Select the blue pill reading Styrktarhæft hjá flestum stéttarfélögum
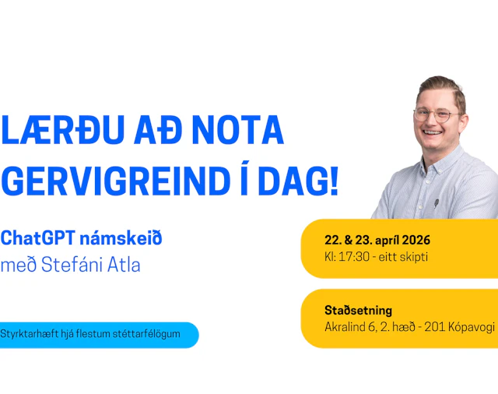pos(97,334)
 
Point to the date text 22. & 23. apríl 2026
pos(377,240)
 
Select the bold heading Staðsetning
pos(358,310)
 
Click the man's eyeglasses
pos(437,114)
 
